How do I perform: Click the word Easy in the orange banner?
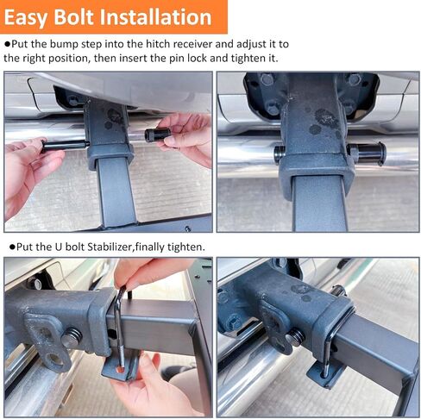pyautogui.click(x=25, y=18)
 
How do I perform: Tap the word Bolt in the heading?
pyautogui.click(x=73, y=16)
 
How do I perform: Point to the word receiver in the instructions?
pyautogui.click(x=192, y=44)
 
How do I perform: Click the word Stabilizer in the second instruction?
pyautogui.click(x=110, y=247)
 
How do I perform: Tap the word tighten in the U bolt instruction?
pyautogui.click(x=185, y=247)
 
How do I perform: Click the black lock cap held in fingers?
pyautogui.click(x=157, y=134)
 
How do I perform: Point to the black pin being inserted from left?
pyautogui.click(x=66, y=145)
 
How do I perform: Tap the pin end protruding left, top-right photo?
pyautogui.click(x=280, y=153)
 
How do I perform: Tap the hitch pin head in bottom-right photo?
pyautogui.click(x=295, y=337)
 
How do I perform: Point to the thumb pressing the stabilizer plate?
pyautogui.click(x=148, y=365)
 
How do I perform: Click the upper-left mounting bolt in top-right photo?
pyautogui.click(x=267, y=79)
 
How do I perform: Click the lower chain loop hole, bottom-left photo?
pyautogui.click(x=54, y=359)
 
